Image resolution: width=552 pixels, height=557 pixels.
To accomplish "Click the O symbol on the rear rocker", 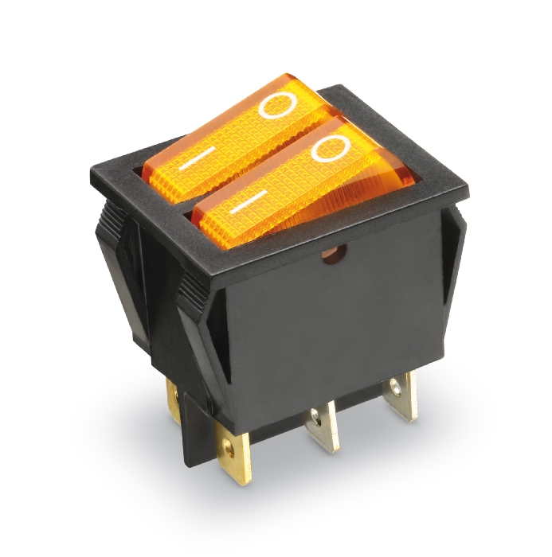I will (x=279, y=104).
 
